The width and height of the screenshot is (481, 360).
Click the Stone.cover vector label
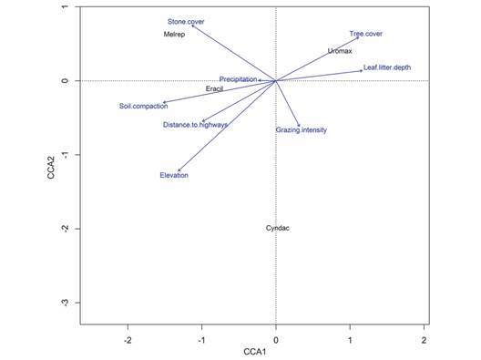[x=186, y=21]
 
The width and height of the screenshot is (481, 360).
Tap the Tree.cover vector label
[x=366, y=34]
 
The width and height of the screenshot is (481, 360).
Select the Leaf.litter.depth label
[x=387, y=67]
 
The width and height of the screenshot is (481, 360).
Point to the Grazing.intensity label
[x=301, y=130]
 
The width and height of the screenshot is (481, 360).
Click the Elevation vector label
[x=174, y=175]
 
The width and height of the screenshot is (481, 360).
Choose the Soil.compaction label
[x=143, y=107]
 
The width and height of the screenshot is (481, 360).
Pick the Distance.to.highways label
[x=195, y=125]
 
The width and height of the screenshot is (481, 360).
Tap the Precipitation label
[x=238, y=79]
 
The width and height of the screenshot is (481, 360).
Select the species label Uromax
[x=340, y=51]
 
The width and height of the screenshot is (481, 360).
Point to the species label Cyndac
[x=278, y=228]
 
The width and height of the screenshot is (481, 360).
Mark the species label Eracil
[x=215, y=88]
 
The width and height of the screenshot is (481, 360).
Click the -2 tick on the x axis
[x=128, y=339]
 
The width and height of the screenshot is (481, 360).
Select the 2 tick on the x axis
[x=425, y=339]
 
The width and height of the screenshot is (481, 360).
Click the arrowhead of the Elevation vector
[x=179, y=170]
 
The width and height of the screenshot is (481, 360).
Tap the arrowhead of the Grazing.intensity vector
[x=300, y=126]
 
